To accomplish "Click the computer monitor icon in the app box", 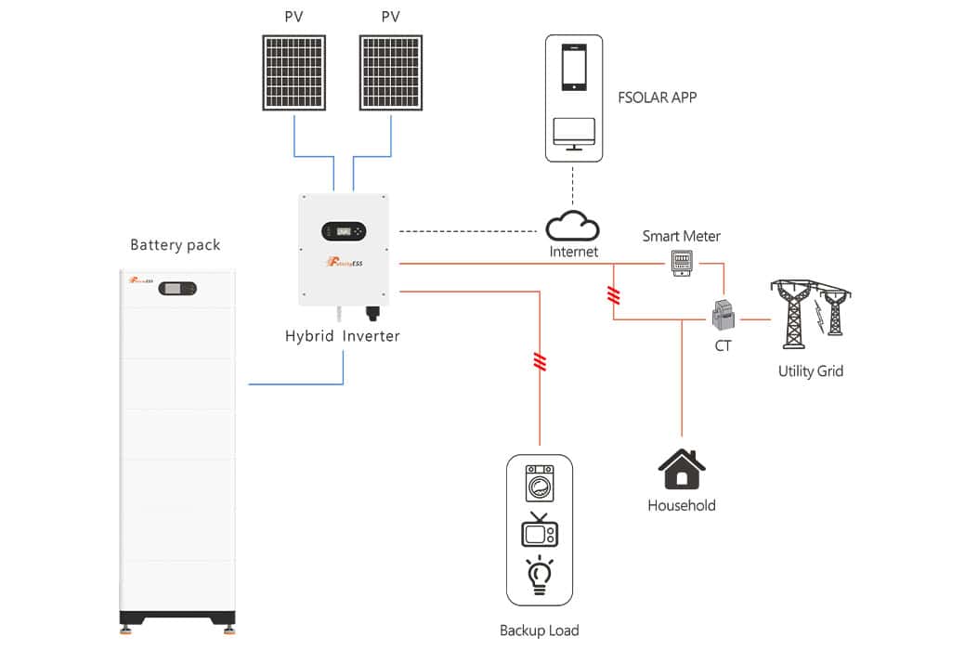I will pos(574,134).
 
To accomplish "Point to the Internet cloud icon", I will pos(572,226).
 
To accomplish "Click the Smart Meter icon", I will pos(683,264).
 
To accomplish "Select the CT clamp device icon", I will pos(723,317).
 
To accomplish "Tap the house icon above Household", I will pos(682,469).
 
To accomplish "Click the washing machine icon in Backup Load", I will pos(540,483).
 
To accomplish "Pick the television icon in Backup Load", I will pos(540,531).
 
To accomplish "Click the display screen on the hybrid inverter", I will pos(344,230).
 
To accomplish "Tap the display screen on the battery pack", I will pos(176,289).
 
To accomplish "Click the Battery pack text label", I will pos(175,245).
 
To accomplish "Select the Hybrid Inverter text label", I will pos(343,336).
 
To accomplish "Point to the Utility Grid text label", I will pos(810,371).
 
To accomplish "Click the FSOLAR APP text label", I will pos(657,97).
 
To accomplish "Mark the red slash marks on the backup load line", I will pos(540,361).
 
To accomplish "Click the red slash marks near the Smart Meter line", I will pos(613,295).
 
